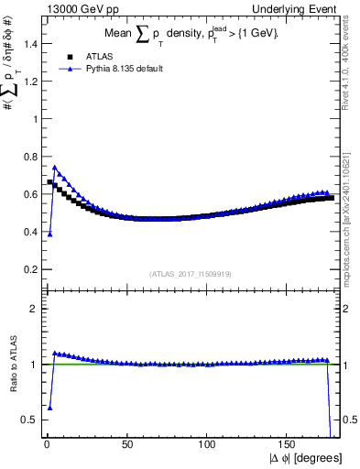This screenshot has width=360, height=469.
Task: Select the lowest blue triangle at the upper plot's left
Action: (x=49, y=234)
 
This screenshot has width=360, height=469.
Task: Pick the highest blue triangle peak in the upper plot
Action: (x=55, y=168)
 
